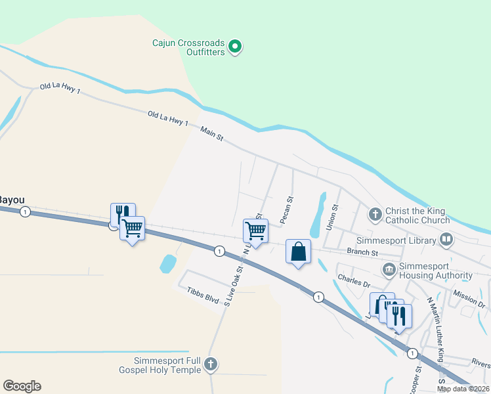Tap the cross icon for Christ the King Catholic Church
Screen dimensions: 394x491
click(375, 214)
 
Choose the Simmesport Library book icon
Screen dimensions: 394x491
click(446, 240)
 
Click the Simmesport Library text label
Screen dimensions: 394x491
click(396, 240)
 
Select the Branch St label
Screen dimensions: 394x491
click(362, 252)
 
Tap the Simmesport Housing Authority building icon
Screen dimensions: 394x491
click(389, 270)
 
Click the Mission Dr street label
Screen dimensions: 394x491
click(469, 300)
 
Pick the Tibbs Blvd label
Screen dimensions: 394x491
click(202, 294)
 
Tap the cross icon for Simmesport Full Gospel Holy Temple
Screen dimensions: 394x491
click(210, 364)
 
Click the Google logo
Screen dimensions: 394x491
click(22, 386)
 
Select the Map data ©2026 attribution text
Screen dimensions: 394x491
click(463, 389)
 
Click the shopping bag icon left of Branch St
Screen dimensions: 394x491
click(298, 252)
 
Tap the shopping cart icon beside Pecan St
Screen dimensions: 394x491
click(255, 231)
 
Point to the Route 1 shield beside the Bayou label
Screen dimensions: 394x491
click(25, 211)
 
